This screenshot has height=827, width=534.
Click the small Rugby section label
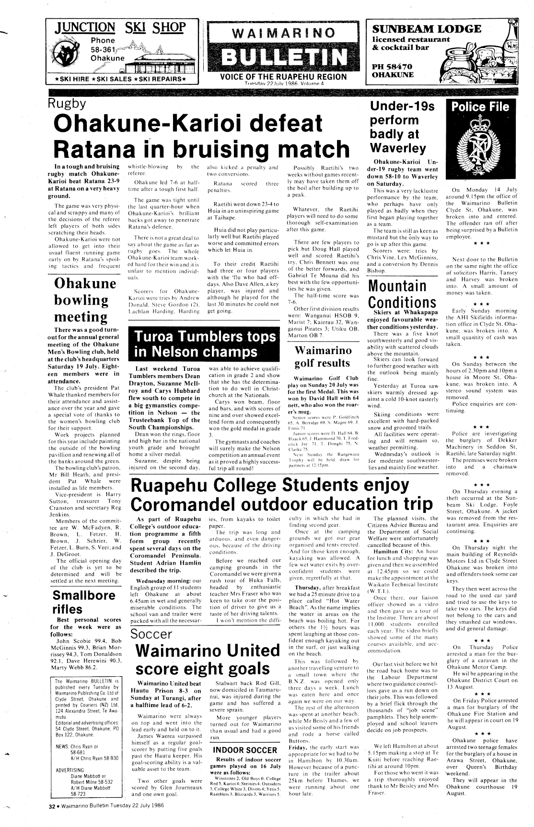[x=67, y=104]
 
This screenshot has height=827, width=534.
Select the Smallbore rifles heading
[x=83, y=602]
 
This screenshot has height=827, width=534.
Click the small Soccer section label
[x=151, y=634]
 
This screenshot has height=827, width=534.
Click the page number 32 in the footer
[x=53, y=805]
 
